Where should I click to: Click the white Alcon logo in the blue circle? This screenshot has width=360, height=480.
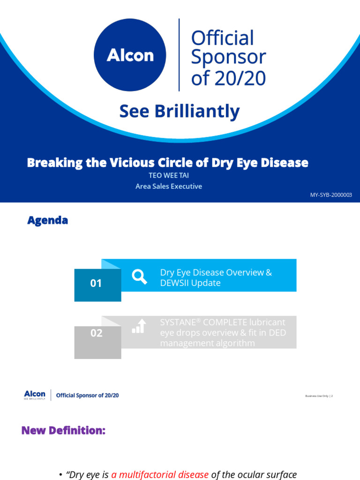[130, 55]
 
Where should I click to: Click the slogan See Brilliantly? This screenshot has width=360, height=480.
[180, 112]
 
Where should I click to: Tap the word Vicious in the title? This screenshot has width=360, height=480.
[131, 163]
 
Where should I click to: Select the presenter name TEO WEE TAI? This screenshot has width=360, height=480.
[168, 176]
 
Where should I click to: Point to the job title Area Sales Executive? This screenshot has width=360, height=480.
[169, 186]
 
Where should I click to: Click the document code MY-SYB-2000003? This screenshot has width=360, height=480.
[331, 195]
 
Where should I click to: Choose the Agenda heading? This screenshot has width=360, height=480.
[47, 220]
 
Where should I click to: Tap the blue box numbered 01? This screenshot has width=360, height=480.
[97, 284]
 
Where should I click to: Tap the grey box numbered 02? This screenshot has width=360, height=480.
[97, 334]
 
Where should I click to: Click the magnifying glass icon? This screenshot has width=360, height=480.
[139, 277]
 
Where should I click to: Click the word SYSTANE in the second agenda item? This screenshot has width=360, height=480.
[177, 322]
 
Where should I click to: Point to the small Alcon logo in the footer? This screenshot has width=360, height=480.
[35, 395]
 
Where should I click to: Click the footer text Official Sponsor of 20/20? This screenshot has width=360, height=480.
[87, 395]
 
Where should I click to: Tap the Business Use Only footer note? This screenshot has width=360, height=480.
[317, 396]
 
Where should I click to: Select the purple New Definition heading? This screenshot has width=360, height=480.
[63, 430]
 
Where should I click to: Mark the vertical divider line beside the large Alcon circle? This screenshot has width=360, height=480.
[179, 55]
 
